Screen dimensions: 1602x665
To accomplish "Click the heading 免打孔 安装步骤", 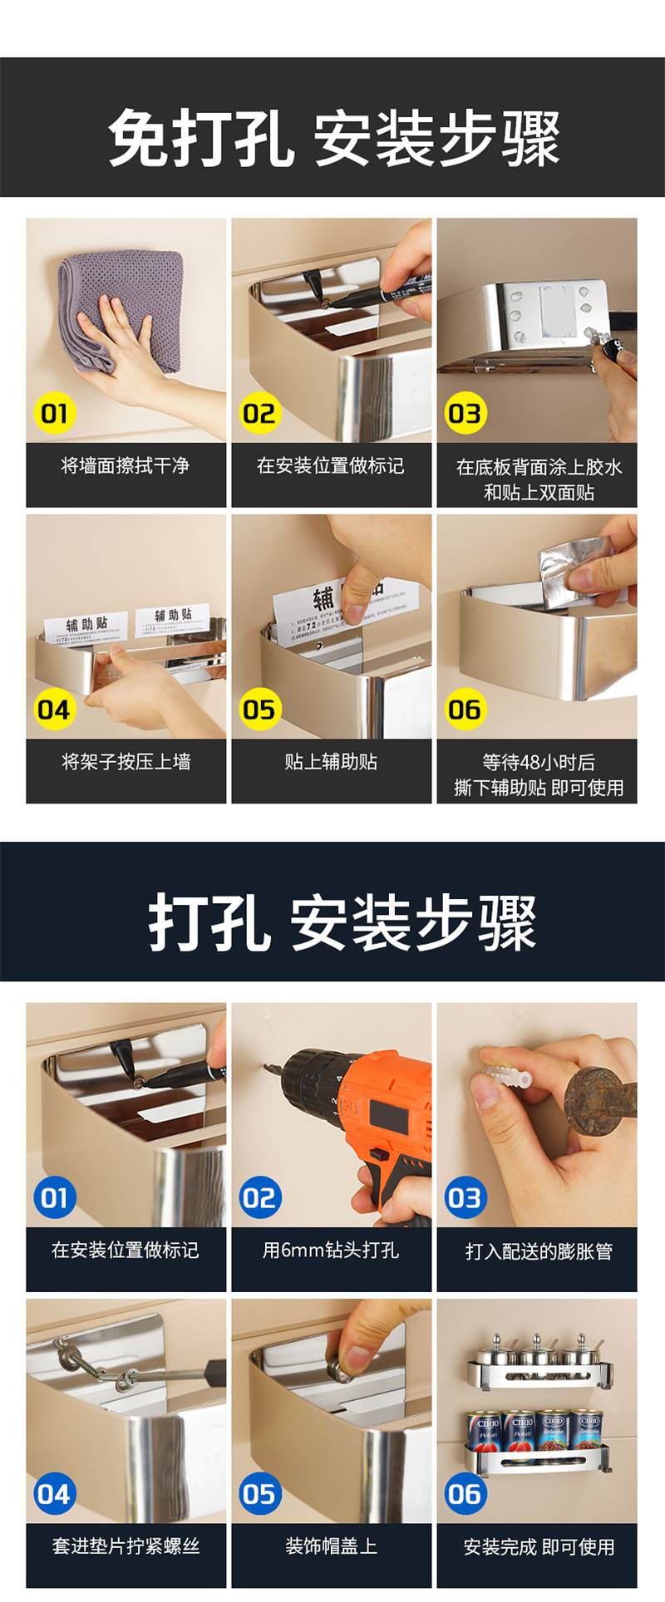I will [334, 138].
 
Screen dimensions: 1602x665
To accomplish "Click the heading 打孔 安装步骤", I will [342, 922].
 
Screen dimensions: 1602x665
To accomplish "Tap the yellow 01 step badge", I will [55, 413].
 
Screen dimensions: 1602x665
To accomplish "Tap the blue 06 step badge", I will [465, 1494].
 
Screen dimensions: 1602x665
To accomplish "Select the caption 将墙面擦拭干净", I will [126, 466].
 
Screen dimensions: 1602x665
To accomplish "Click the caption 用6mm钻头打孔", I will [331, 1250].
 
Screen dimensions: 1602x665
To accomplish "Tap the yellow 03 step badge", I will [465, 413].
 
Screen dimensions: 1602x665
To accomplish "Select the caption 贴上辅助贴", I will [331, 761].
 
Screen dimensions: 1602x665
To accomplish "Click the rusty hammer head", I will [600, 1098].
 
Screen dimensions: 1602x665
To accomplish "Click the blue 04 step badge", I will [54, 1494].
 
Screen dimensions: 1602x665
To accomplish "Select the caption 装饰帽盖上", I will [331, 1545].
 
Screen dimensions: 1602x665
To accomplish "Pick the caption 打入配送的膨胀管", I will [539, 1251].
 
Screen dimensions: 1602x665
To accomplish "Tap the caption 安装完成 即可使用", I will [539, 1546].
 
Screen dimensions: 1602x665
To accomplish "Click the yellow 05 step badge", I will [259, 710].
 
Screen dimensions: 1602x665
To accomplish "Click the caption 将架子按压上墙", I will [126, 761].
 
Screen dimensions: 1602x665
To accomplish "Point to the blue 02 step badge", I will [259, 1197].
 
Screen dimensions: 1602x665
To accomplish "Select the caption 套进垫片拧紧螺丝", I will [126, 1545].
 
